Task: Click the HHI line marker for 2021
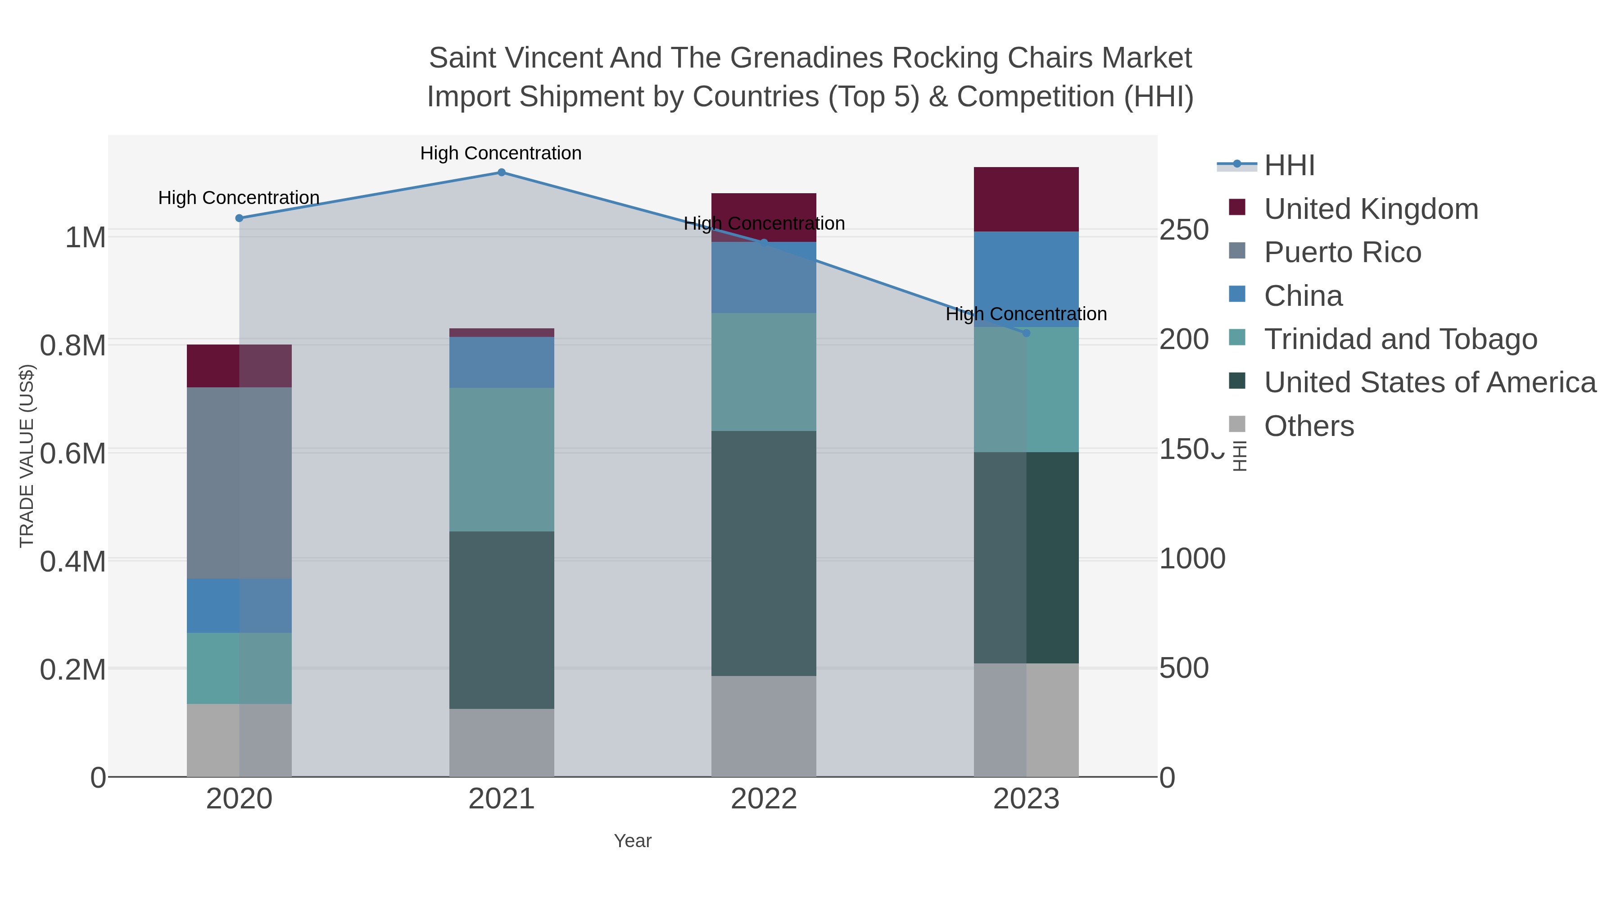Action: tap(502, 172)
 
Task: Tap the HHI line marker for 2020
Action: tap(239, 218)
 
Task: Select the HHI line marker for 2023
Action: tap(1026, 333)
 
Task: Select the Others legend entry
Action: tap(1309, 426)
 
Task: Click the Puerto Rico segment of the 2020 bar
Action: tap(239, 483)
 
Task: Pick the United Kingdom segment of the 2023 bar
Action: tap(1026, 200)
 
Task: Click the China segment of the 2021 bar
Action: tap(502, 362)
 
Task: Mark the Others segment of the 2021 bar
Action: tap(502, 743)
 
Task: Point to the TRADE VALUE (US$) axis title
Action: tap(27, 456)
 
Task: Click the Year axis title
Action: tap(633, 841)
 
